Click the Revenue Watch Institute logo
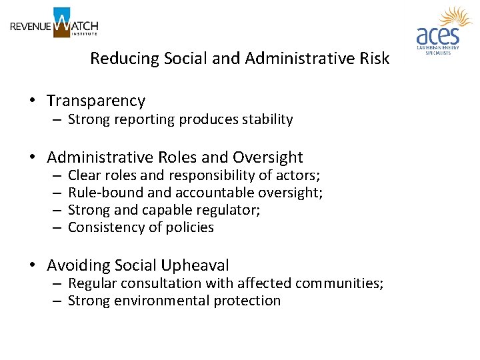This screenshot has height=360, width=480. click(54, 23)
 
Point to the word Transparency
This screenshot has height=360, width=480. click(95, 101)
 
